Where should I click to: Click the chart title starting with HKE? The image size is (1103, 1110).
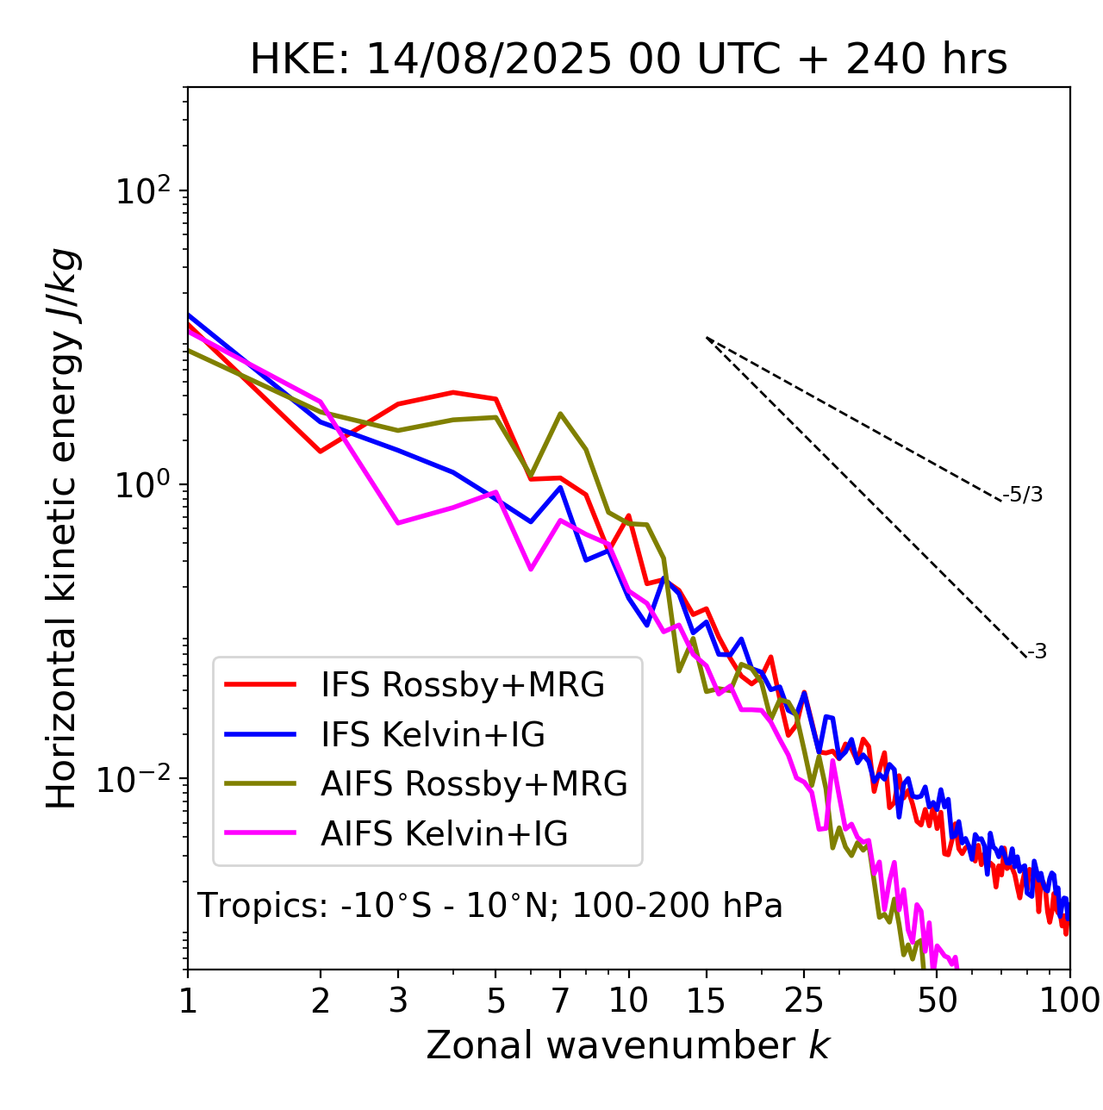pyautogui.click(x=628, y=60)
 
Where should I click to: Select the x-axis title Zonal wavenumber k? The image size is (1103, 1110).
pyautogui.click(x=627, y=1045)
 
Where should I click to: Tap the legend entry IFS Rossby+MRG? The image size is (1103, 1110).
pyautogui.click(x=462, y=684)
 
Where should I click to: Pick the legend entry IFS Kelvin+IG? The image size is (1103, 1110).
pyautogui.click(x=433, y=734)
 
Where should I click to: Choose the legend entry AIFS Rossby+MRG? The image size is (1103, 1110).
pyautogui.click(x=474, y=783)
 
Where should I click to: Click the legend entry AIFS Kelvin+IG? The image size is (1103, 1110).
pyautogui.click(x=444, y=833)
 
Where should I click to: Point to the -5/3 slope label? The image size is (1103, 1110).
pyautogui.click(x=1023, y=495)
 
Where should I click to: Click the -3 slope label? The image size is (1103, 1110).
pyautogui.click(x=1037, y=652)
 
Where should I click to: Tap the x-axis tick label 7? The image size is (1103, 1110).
pyautogui.click(x=560, y=1001)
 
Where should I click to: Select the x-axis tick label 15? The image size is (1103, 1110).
pyautogui.click(x=707, y=1001)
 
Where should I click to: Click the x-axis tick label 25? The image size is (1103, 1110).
pyautogui.click(x=804, y=1001)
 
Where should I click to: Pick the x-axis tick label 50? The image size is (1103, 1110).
pyautogui.click(x=938, y=1001)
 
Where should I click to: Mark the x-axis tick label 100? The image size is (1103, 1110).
pyautogui.click(x=1069, y=1001)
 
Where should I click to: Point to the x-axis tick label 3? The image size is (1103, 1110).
pyautogui.click(x=398, y=1001)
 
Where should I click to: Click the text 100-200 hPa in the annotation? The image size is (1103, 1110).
pyautogui.click(x=677, y=906)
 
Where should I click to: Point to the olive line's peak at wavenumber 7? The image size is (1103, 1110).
pyautogui.click(x=560, y=414)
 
